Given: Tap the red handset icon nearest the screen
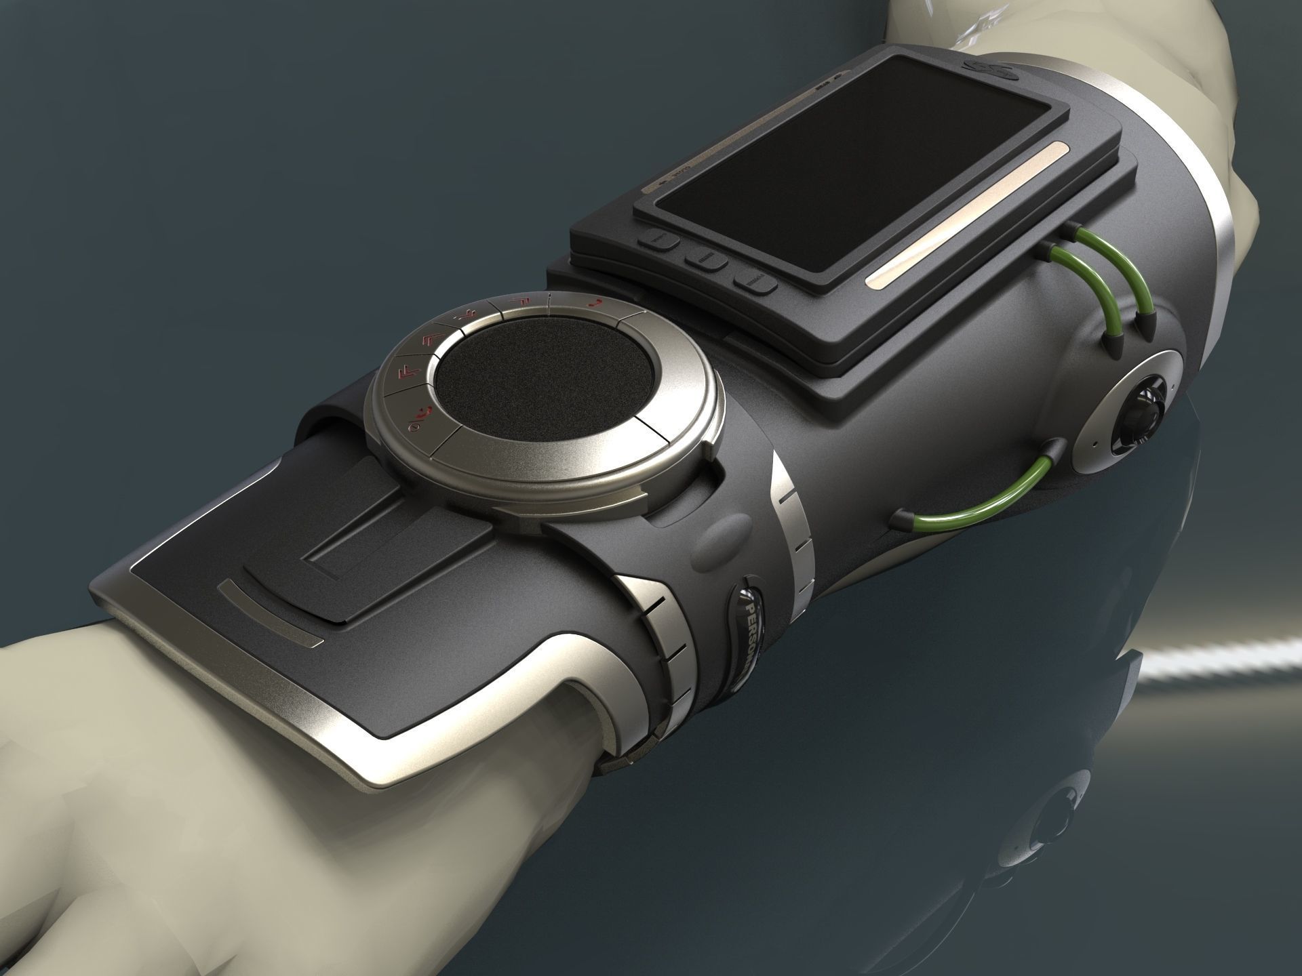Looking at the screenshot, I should tap(595, 303).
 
